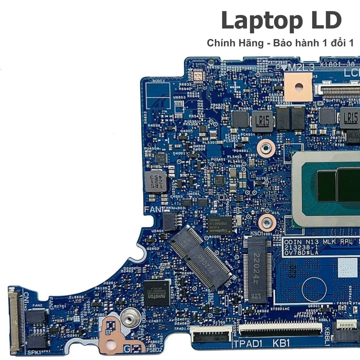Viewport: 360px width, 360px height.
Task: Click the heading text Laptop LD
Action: coord(281,21)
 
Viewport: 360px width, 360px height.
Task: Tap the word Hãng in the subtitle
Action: coord(251,43)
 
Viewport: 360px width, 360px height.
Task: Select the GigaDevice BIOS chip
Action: coord(219,224)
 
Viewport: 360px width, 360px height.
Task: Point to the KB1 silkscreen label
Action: coord(281,343)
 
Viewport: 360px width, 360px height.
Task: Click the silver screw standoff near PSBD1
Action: coord(128,317)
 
